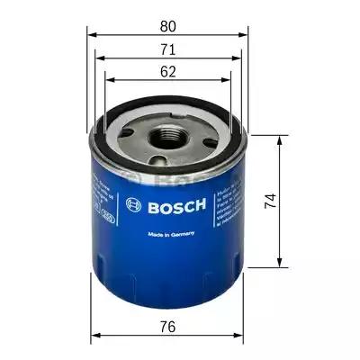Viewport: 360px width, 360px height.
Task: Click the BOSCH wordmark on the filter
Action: click(177, 205)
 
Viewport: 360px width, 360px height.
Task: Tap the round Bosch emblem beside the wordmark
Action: click(136, 205)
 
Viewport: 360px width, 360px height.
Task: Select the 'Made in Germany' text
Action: click(169, 236)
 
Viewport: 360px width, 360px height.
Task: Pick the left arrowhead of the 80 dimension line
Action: click(91, 31)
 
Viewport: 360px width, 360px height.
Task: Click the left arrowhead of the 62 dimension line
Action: click(108, 80)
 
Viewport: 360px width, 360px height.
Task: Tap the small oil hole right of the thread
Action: click(199, 137)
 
